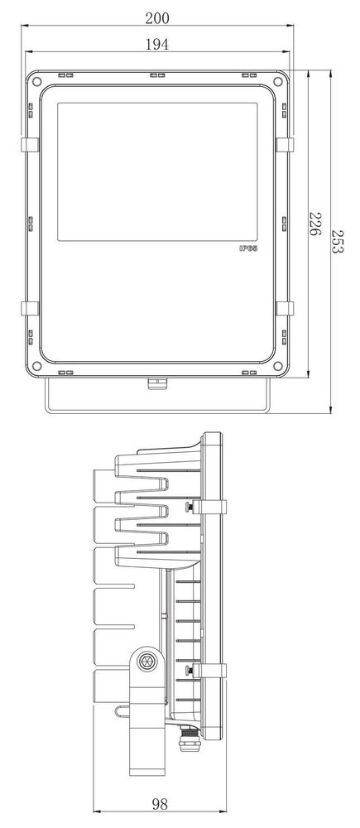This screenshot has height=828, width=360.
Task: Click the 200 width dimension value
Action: click(x=157, y=18)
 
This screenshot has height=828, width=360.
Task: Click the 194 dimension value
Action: click(x=157, y=45)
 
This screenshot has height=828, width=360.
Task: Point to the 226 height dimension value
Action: click(x=314, y=224)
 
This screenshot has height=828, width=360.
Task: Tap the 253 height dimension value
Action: click(x=338, y=241)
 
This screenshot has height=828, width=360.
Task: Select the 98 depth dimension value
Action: click(x=160, y=804)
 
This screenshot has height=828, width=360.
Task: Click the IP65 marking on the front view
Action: click(x=248, y=248)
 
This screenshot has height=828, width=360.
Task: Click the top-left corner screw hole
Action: click(x=36, y=81)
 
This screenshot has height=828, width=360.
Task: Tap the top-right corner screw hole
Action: click(x=277, y=81)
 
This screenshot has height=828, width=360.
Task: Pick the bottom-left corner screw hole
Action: click(x=36, y=365)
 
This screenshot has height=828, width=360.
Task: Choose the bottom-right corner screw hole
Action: click(x=277, y=365)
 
